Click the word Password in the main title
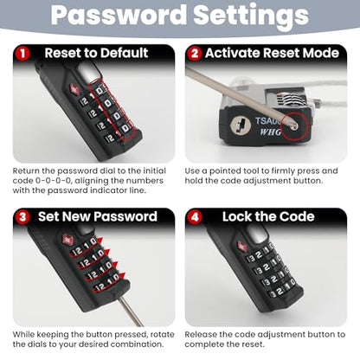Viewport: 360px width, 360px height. [x=119, y=15]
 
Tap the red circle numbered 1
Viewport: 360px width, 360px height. [x=22, y=54]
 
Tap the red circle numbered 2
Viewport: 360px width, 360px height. [x=195, y=54]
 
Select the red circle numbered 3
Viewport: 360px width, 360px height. [x=22, y=217]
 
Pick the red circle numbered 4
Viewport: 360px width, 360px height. [x=195, y=217]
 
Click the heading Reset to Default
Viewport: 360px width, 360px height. [x=96, y=53]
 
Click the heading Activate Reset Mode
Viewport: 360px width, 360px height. [x=272, y=53]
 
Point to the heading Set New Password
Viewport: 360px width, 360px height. [x=98, y=216]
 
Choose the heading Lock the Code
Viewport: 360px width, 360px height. [x=268, y=216]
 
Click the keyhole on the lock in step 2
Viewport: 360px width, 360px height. [x=241, y=126]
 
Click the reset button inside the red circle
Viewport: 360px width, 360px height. [x=294, y=126]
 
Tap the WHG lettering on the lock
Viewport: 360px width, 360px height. [x=270, y=132]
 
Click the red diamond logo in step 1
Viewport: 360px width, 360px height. [x=74, y=89]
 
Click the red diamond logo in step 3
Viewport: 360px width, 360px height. [x=68, y=240]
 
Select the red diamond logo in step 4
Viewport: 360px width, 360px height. [x=242, y=246]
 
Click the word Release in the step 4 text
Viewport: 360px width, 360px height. [x=201, y=335]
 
